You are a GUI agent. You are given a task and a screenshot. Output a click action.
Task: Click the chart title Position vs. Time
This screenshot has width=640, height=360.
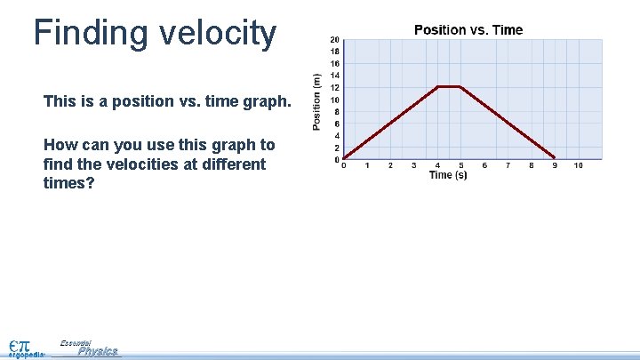468,30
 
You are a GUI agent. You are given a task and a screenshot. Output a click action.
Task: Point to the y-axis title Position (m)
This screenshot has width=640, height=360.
317,100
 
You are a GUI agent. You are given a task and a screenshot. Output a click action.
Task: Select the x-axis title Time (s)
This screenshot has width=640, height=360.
448,175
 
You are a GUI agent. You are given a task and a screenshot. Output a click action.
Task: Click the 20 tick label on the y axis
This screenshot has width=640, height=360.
334,39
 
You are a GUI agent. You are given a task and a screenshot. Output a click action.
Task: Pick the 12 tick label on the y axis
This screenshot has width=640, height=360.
334,87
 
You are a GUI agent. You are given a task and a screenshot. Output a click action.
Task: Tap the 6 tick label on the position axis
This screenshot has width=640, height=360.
336,124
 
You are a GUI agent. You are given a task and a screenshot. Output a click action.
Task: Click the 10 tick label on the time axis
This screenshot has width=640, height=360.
578,165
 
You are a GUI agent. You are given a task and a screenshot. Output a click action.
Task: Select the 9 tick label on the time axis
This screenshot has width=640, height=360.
555,165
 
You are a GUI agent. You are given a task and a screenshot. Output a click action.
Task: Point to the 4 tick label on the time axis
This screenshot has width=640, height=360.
437,165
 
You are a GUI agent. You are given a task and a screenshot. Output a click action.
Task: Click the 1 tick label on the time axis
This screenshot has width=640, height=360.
367,165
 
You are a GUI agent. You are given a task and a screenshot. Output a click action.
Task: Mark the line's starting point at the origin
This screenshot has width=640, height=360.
344,158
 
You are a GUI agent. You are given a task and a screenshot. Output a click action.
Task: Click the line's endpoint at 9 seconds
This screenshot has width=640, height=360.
555,157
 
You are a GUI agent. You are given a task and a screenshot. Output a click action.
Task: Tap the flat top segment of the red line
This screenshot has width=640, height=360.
449,86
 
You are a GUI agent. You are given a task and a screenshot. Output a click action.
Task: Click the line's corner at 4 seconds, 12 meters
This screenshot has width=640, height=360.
437,86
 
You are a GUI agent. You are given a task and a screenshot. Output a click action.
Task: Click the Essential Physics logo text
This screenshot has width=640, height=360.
92,348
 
